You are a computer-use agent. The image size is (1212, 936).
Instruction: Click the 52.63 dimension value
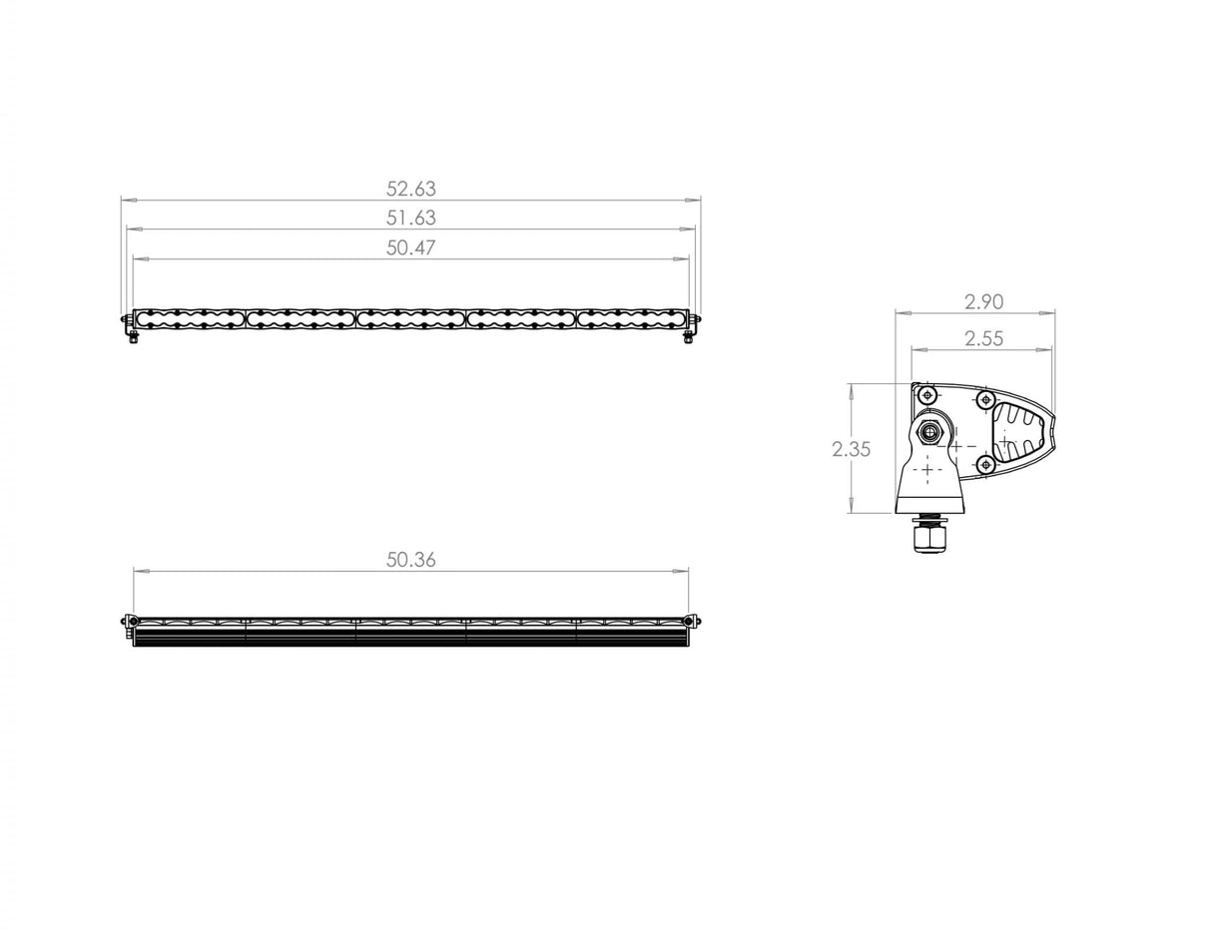pyautogui.click(x=410, y=189)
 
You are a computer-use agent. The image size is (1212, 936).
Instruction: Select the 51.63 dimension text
pyautogui.click(x=410, y=218)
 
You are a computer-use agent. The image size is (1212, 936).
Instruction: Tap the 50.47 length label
pyautogui.click(x=410, y=247)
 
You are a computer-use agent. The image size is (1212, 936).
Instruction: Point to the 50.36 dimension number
pyautogui.click(x=410, y=560)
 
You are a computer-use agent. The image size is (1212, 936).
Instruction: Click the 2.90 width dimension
pyautogui.click(x=983, y=301)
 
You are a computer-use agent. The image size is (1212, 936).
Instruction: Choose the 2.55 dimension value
pyautogui.click(x=983, y=338)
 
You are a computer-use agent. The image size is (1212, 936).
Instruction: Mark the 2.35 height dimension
pyautogui.click(x=851, y=449)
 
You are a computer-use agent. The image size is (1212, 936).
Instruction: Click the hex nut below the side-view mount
pyautogui.click(x=929, y=539)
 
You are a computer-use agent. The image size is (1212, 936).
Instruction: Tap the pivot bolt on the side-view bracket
pyautogui.click(x=929, y=433)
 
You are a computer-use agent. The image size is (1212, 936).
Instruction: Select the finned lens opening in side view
pyautogui.click(x=1018, y=435)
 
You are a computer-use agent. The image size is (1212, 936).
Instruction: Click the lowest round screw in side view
pyautogui.click(x=985, y=464)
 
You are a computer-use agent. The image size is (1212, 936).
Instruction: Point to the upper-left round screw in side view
pyautogui.click(x=927, y=395)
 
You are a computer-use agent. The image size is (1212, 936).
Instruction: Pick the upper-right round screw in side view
pyautogui.click(x=985, y=400)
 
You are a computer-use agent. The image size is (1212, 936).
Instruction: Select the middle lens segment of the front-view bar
pyautogui.click(x=410, y=318)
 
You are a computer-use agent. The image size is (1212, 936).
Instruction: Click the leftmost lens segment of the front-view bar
pyautogui.click(x=190, y=318)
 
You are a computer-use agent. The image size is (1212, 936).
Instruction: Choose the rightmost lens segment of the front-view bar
pyautogui.click(x=631, y=318)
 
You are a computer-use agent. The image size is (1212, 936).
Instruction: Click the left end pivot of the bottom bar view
pyautogui.click(x=128, y=621)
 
